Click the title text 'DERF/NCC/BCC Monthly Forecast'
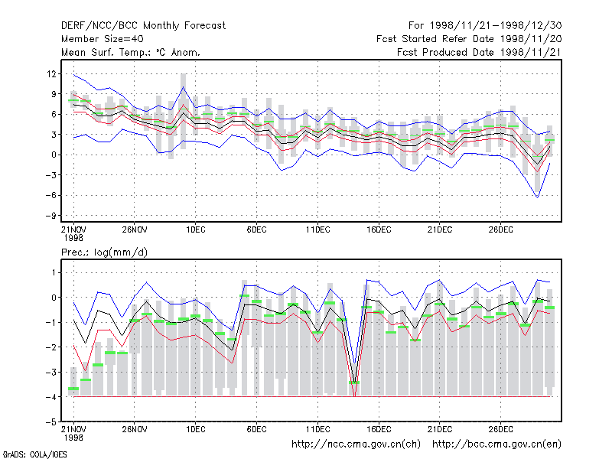pos(143,26)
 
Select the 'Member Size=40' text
pos(103,39)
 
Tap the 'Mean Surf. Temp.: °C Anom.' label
pos(131,52)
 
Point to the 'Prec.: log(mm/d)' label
pos(104,252)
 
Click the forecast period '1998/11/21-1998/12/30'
pos(496,26)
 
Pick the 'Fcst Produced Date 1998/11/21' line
pos(480,52)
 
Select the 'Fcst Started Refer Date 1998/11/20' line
pos(469,39)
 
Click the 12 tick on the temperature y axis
pos(52,73)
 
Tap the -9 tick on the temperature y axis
pos(50,216)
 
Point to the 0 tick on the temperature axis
pos(54,155)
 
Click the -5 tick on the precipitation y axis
pos(50,422)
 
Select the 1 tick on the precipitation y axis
pos(54,272)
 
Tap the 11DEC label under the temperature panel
pos(317,229)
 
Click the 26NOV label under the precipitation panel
pos(135,429)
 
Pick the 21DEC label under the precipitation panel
pos(440,429)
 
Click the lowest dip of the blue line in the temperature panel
pos(538,197)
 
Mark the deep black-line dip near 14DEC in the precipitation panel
pos(354,382)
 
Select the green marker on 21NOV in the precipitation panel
pos(73,389)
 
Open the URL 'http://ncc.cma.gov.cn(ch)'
pos(356,444)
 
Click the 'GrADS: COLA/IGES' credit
pos(34,454)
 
